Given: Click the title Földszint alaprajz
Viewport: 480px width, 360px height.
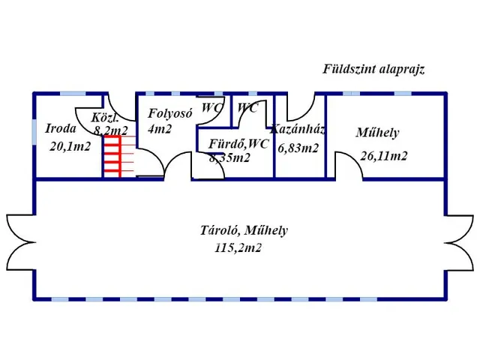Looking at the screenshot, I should click(x=373, y=70).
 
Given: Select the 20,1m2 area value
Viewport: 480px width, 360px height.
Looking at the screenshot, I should click(x=70, y=146).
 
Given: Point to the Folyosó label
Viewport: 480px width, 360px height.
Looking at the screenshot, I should click(x=171, y=113).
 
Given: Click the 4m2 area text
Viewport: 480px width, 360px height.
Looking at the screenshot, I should click(x=160, y=128).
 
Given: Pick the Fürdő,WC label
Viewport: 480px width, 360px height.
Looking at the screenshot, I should click(x=238, y=143).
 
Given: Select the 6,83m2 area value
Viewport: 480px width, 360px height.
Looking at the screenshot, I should click(x=298, y=148).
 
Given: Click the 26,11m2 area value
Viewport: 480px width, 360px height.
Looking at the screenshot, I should click(x=383, y=156).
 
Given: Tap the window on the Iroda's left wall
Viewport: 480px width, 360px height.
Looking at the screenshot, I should click(x=35, y=131).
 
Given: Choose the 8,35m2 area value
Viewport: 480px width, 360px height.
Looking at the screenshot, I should click(x=229, y=157).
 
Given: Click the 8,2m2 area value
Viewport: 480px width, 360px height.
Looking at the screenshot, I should click(x=111, y=130).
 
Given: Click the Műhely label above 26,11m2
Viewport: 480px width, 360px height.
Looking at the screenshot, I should click(x=376, y=133).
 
